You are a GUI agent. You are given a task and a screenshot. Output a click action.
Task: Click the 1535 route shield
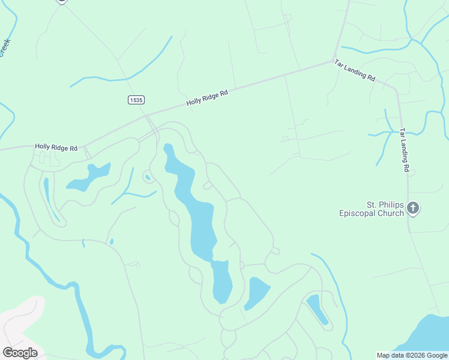click(136, 100)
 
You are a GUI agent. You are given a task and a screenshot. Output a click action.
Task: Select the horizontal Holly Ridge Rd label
click(56, 147)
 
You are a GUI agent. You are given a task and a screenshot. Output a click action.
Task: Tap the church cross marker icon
click(413, 208)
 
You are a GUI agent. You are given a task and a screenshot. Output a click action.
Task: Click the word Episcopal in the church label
click(361, 213)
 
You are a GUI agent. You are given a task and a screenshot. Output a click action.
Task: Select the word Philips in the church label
click(387, 204)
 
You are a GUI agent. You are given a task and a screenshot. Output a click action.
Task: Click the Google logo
click(20, 352)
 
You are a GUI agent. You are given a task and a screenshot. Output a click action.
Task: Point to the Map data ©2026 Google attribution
click(412, 355)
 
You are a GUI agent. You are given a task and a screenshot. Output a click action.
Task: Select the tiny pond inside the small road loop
click(147, 177)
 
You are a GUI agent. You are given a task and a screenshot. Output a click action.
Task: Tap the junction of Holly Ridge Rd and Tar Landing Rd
click(334, 61)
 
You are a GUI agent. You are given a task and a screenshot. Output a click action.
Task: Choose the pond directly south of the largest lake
click(221, 282)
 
